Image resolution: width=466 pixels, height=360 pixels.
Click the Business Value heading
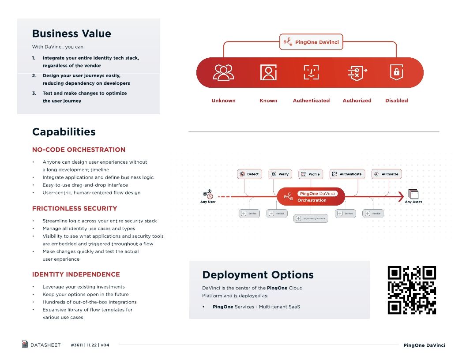pos(71,34)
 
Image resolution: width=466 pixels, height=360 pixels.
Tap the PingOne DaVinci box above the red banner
pos(312,42)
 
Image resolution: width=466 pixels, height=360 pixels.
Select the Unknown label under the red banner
pos(223,101)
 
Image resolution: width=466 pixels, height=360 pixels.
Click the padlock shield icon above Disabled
pos(396,72)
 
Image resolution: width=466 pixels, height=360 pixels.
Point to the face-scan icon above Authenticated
pos(311,72)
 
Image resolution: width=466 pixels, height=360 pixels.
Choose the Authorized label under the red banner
pos(357,101)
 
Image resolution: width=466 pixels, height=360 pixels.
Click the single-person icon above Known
pos(268,72)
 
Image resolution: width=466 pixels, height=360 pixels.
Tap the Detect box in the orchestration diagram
pos(249,174)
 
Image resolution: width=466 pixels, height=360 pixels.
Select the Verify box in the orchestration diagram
pos(280,174)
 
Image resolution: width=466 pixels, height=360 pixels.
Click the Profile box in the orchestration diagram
pos(311,174)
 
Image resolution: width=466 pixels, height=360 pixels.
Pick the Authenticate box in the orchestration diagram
pos(347,174)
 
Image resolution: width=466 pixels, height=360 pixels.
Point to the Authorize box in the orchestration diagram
pos(387,174)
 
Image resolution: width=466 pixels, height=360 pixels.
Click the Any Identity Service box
pos(311,218)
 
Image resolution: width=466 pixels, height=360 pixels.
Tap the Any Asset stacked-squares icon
pos(413,194)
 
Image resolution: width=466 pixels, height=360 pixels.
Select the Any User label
pos(208,202)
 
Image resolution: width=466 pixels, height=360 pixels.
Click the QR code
pos(412,290)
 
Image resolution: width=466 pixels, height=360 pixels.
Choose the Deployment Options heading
pos(258,275)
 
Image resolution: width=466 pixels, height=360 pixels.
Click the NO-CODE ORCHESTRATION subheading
pos(79,150)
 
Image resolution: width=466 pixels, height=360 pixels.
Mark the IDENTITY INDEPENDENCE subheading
pos(76,274)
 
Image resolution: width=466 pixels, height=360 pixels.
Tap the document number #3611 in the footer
pos(78,345)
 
